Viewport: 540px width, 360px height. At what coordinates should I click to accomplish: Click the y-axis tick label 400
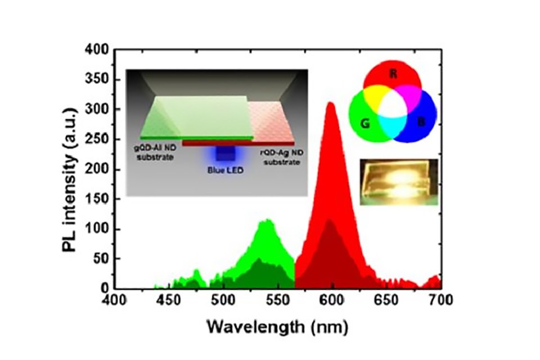tap(97, 49)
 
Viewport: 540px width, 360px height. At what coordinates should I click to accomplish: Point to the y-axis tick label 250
tap(97, 139)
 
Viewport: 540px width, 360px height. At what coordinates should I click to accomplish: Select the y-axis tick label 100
tap(97, 229)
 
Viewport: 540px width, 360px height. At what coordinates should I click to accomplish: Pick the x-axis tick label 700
tap(440, 300)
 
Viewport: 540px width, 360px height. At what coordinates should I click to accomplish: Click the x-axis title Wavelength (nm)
tap(277, 325)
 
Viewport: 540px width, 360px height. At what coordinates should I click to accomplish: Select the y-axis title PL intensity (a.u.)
tap(71, 169)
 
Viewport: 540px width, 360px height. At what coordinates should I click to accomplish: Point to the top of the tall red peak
tap(331, 103)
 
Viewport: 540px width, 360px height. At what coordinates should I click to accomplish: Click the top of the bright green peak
tap(267, 220)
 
